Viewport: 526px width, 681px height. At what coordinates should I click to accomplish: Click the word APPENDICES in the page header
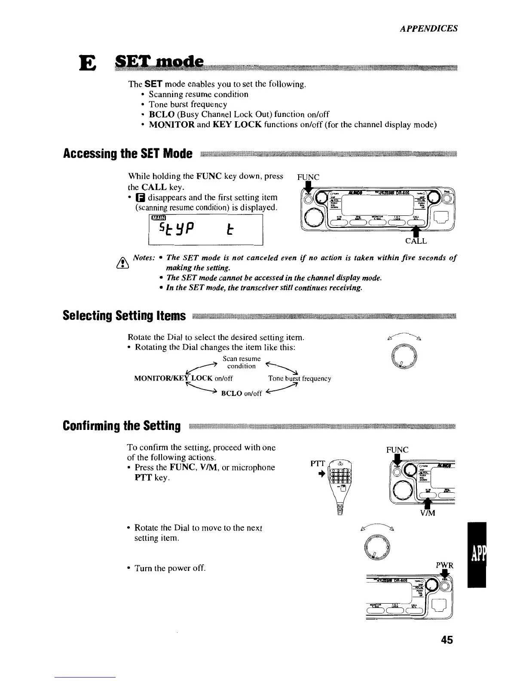click(428, 29)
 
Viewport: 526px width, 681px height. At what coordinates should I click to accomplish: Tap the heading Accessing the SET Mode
click(127, 153)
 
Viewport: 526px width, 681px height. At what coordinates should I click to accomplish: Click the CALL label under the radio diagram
click(416, 241)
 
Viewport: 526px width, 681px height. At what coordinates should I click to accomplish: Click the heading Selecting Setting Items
click(124, 316)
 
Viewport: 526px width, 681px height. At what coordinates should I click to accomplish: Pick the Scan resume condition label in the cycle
click(242, 362)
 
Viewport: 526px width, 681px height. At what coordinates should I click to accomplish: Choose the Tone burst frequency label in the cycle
click(299, 379)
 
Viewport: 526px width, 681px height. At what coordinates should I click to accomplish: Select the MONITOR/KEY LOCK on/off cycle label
click(183, 379)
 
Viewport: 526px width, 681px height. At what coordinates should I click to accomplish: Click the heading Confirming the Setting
click(121, 426)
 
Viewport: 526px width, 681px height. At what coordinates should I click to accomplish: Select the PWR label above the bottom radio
click(445, 565)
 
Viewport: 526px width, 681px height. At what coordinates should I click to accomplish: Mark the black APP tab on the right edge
click(477, 555)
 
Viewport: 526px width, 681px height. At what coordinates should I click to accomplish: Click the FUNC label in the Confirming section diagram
click(397, 450)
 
